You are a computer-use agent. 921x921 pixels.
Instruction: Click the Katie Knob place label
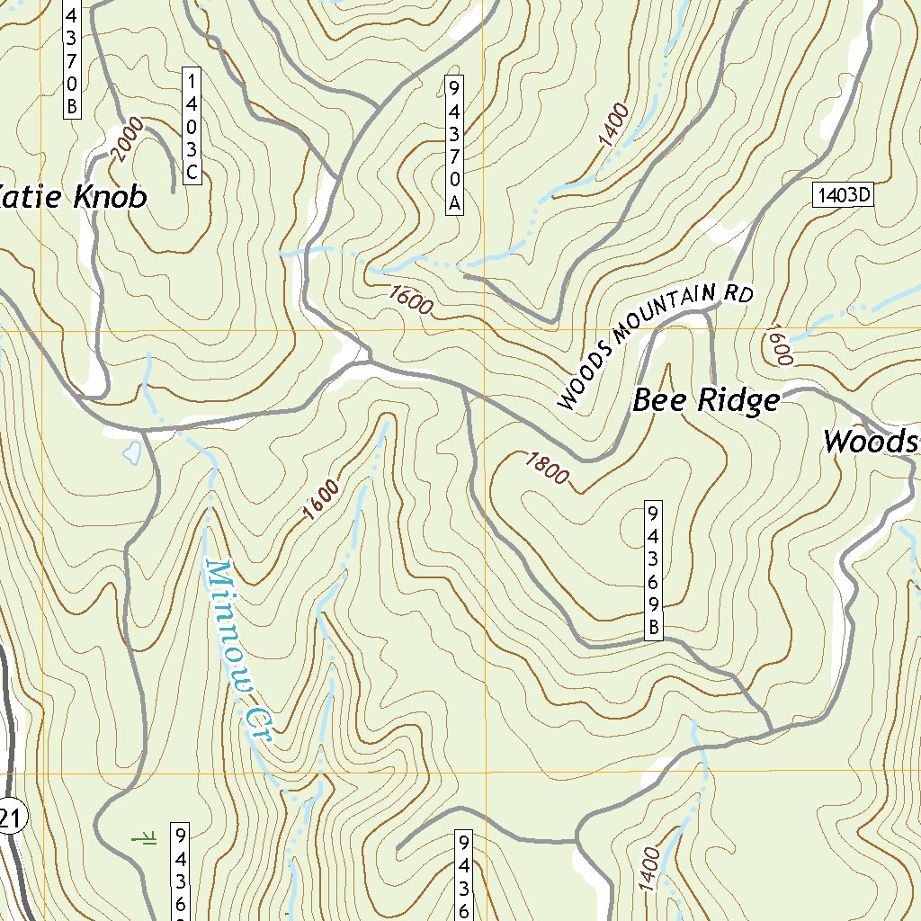click(72, 197)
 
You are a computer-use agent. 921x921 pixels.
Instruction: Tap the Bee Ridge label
click(706, 400)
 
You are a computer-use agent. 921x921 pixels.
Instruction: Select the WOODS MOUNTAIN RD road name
click(654, 344)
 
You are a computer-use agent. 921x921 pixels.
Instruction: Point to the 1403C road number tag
click(191, 126)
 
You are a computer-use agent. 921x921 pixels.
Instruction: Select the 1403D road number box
click(844, 195)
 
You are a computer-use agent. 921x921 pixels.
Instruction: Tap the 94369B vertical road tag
click(653, 569)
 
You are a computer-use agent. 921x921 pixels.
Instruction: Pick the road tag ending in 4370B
click(72, 58)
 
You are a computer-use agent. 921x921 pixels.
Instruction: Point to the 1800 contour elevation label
click(546, 468)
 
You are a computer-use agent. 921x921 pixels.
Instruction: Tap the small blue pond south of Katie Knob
click(131, 452)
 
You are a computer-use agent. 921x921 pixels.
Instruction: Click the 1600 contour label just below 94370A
click(411, 300)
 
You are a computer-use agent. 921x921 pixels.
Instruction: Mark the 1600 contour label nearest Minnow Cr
click(321, 500)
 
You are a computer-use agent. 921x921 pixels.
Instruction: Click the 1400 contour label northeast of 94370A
click(613, 126)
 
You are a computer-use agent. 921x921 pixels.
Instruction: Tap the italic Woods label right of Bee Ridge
click(871, 442)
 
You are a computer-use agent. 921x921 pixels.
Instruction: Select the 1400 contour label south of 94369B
click(649, 869)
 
